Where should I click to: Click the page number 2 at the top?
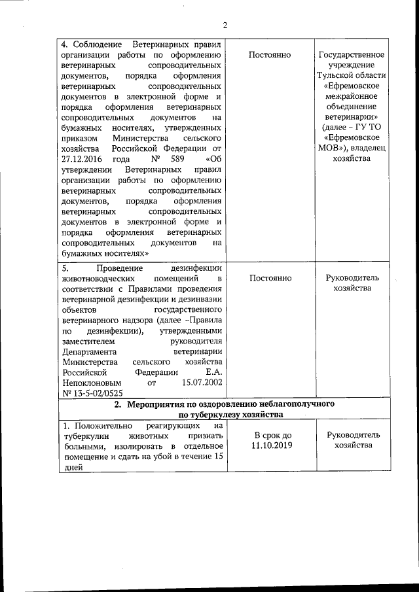(224, 26)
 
